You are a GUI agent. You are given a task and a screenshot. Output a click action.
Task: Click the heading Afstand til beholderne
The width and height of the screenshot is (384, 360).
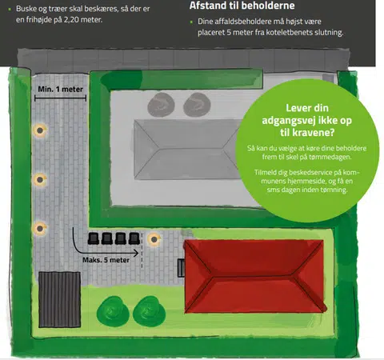(242, 6)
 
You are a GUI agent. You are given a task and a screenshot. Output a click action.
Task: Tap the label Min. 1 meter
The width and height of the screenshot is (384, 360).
(60, 89)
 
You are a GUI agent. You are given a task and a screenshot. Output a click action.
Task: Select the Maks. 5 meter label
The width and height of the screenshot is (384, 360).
(106, 260)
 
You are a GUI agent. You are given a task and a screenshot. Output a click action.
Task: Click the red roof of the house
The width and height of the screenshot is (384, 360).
(255, 276)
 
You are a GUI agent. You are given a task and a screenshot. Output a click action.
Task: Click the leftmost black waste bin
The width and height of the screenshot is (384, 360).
(94, 238)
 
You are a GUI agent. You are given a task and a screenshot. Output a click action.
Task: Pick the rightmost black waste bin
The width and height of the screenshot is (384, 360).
(134, 238)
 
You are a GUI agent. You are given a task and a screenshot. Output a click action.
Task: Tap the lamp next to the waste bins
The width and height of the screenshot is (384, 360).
(154, 239)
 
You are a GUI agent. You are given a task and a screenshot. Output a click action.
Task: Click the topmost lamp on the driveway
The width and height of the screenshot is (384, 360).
(40, 130)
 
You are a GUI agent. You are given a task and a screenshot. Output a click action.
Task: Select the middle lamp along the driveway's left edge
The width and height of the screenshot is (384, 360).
(40, 180)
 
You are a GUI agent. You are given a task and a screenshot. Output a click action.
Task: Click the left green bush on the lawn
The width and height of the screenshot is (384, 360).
(113, 311)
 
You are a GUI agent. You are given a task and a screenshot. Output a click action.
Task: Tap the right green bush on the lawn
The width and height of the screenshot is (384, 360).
(149, 311)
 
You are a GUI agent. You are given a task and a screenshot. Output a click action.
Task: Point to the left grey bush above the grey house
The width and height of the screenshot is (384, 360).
(161, 105)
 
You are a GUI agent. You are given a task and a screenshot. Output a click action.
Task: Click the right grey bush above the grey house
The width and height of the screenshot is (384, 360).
(197, 105)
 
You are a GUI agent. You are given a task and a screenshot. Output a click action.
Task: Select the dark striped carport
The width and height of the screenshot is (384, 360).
(59, 299)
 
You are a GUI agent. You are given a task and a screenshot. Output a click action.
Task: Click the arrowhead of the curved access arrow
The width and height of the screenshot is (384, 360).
(137, 253)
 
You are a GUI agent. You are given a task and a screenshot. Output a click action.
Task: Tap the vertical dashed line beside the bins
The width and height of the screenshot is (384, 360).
(142, 250)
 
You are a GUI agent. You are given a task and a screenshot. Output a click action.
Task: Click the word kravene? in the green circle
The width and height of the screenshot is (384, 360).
(316, 132)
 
